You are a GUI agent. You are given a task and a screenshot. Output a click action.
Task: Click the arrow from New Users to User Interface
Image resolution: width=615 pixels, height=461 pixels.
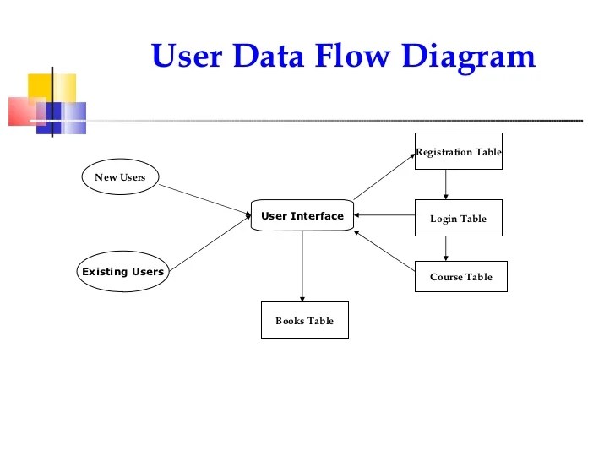[x=204, y=200]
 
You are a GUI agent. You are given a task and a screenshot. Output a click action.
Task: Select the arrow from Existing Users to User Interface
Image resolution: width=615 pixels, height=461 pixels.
[x=210, y=243]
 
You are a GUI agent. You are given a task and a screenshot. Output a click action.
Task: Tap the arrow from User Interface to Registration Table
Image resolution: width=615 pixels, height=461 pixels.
[x=384, y=176]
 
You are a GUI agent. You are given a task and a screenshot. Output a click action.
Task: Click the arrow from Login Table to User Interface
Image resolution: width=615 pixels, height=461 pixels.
[x=384, y=214]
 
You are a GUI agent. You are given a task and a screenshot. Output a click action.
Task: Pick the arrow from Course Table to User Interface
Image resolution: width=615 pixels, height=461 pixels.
[x=384, y=251]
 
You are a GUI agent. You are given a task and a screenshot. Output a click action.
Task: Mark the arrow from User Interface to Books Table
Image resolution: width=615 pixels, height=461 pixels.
[x=302, y=266]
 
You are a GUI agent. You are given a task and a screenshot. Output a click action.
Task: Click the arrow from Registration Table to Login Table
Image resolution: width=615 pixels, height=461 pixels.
[x=445, y=185]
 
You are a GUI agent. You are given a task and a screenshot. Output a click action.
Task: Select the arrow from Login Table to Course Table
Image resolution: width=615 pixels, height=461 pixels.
[x=445, y=248]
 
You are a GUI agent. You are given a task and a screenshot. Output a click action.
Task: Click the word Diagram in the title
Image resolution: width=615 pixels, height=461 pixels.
[x=469, y=57]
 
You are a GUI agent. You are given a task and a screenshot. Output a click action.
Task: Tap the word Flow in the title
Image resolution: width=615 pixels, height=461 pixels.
[x=352, y=55]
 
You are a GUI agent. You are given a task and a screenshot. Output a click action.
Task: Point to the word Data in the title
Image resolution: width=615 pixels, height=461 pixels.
[x=269, y=55]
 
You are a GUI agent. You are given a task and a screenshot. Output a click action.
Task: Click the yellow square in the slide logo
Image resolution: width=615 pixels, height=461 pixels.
[x=52, y=89]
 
